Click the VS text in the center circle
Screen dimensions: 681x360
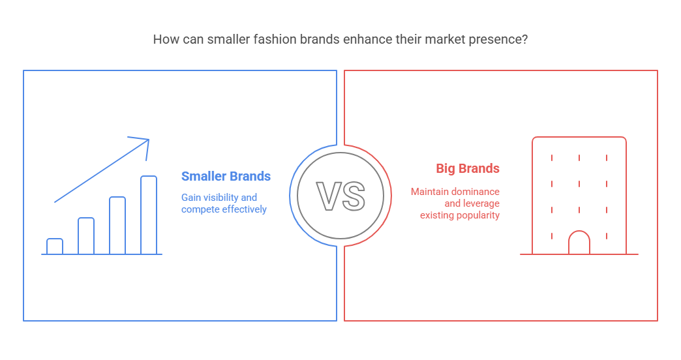coord(340,196)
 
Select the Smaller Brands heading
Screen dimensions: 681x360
coord(226,176)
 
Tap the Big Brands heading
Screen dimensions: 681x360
coord(468,168)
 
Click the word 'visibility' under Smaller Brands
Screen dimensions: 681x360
coord(221,198)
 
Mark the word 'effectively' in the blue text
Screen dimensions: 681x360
coord(245,209)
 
